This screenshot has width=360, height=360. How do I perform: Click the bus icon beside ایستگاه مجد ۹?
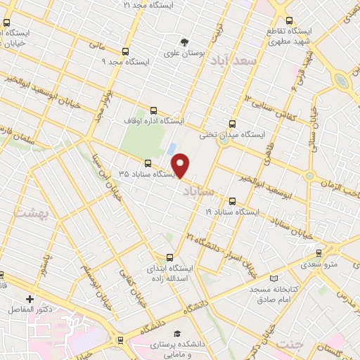(x=126, y=51)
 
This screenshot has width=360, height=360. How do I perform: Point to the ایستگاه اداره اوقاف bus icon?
(x=154, y=110)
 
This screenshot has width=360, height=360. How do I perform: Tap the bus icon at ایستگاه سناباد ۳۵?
(x=147, y=162)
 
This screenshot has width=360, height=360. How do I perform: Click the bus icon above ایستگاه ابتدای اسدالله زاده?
(x=168, y=258)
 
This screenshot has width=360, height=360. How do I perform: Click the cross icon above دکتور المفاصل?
(x=30, y=298)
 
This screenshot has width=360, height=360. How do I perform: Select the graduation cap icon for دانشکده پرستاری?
(x=178, y=333)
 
